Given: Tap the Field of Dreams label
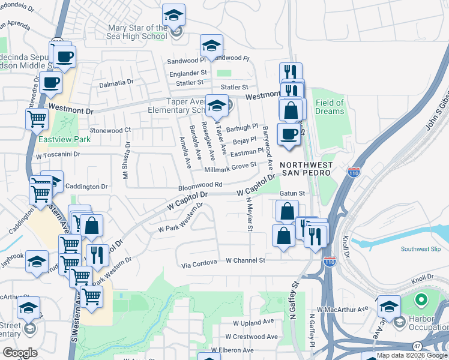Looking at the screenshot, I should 330,107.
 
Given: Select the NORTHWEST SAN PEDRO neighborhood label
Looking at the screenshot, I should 306,169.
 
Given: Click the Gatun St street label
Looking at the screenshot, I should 293,193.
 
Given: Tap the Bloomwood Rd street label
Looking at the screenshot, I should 200,185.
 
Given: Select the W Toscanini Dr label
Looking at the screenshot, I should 58,154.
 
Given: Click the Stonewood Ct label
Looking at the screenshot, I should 110,130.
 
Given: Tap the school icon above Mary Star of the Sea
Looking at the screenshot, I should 174,15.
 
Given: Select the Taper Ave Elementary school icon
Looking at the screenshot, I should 217,107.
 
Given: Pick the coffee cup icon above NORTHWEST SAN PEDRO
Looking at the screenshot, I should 289,134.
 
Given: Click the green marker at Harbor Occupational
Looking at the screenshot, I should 421,299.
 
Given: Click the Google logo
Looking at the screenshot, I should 20,352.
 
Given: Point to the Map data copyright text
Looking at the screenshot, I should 411,355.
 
